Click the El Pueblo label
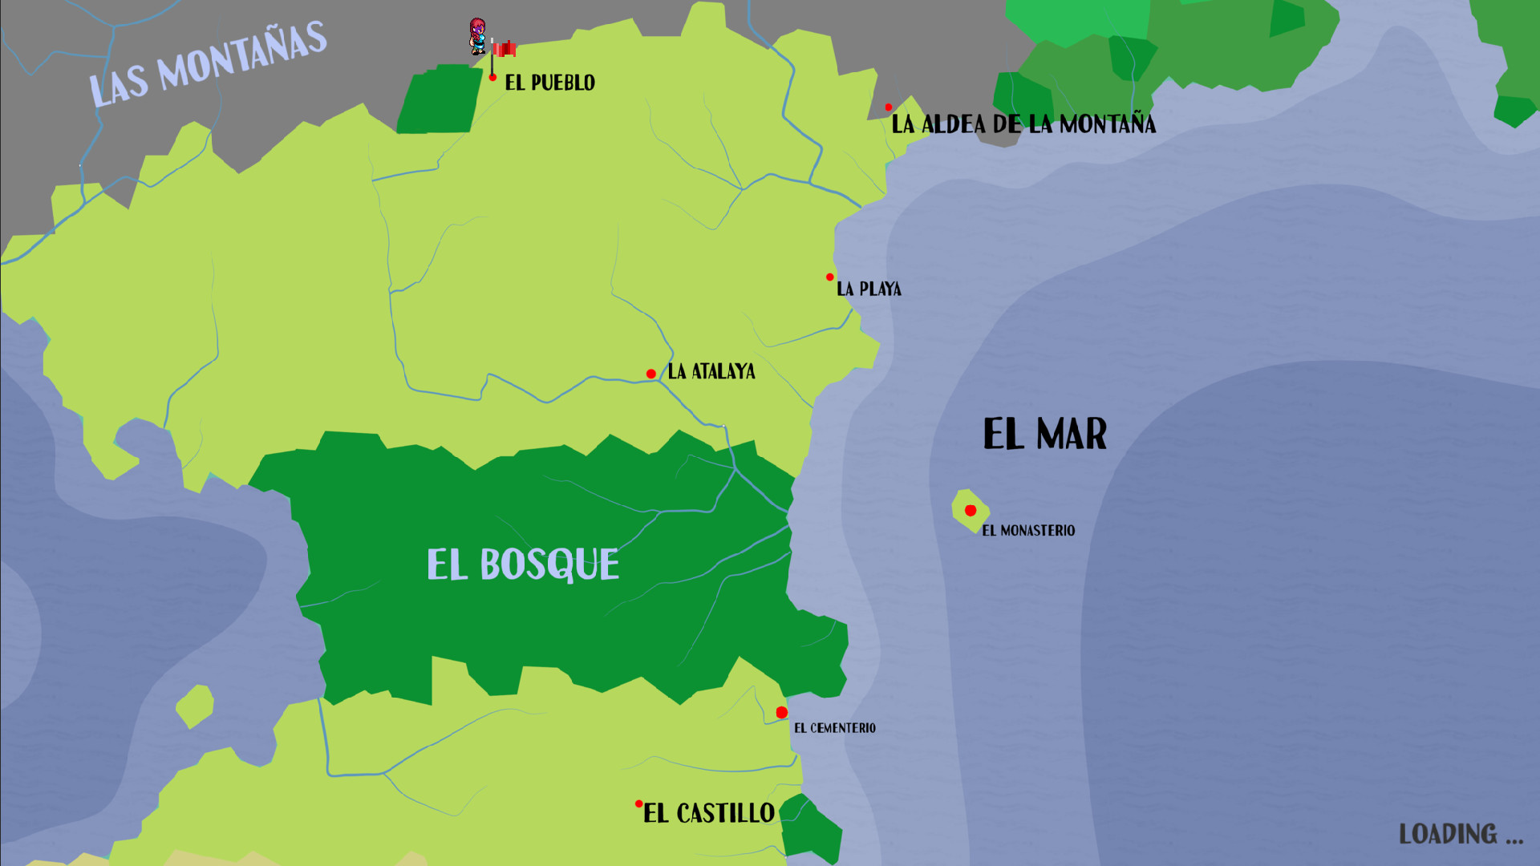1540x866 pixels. pyautogui.click(x=549, y=83)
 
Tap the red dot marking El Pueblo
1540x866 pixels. pyautogui.click(x=492, y=77)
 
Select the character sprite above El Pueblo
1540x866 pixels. pyautogui.click(x=478, y=36)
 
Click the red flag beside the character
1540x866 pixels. pyautogui.click(x=505, y=49)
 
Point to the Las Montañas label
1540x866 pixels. pyautogui.click(x=208, y=64)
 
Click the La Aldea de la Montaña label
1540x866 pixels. pyautogui.click(x=1023, y=124)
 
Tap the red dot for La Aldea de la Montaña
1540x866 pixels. pyautogui.click(x=889, y=107)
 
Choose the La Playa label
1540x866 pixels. pyautogui.click(x=869, y=289)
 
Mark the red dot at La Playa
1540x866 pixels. pyautogui.click(x=830, y=277)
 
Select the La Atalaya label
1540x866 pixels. pyautogui.click(x=711, y=371)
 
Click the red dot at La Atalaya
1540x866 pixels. pyautogui.click(x=651, y=374)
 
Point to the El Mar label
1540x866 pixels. pyautogui.click(x=1045, y=435)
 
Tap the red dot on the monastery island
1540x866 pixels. pyautogui.click(x=971, y=510)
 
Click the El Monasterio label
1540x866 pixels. pyautogui.click(x=1028, y=530)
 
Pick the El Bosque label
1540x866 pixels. pyautogui.click(x=523, y=565)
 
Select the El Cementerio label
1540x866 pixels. pyautogui.click(x=835, y=728)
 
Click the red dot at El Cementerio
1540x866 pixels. pyautogui.click(x=781, y=712)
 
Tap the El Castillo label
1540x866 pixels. pyautogui.click(x=709, y=813)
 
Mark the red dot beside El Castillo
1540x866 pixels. pyautogui.click(x=639, y=803)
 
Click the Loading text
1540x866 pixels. pyautogui.click(x=1461, y=834)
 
